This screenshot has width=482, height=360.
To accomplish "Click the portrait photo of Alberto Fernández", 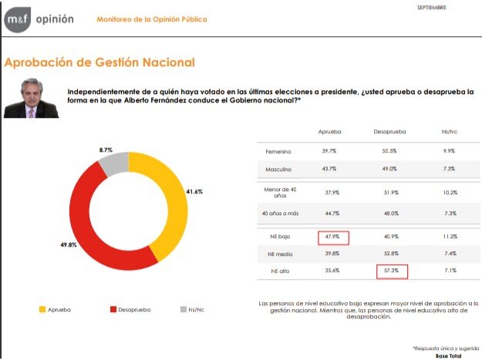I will pyautogui.click(x=32, y=97).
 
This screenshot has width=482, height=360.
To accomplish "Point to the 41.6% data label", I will pyautogui.click(x=194, y=191).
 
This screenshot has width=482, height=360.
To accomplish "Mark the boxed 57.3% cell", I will pyautogui.click(x=392, y=271).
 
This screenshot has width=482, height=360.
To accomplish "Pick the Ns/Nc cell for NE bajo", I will pyautogui.click(x=450, y=237).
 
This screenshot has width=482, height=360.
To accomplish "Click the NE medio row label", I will pyautogui.click(x=279, y=254).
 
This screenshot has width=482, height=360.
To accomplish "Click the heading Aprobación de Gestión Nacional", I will pyautogui.click(x=99, y=62).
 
